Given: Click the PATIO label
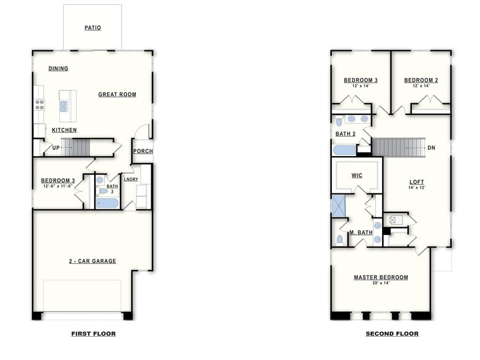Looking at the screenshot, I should [x=92, y=28].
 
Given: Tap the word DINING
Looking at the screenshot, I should [x=58, y=69].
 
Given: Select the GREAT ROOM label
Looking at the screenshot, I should [x=117, y=94].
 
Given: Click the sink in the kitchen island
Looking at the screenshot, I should [x=64, y=107].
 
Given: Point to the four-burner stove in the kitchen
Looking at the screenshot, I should [x=39, y=104].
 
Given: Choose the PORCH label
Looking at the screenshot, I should [x=143, y=151].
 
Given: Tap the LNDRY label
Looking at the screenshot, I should [x=130, y=179].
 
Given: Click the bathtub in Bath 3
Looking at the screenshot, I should [x=108, y=203].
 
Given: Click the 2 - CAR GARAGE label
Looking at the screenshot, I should [x=92, y=261].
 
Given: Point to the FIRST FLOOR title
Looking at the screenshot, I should [x=93, y=334].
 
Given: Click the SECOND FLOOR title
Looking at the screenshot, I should [x=392, y=334].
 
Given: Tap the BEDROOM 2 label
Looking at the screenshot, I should [x=421, y=80].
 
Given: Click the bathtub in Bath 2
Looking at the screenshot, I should [x=345, y=150].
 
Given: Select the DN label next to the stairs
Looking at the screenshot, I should [x=431, y=148].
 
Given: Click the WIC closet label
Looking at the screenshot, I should [x=356, y=175].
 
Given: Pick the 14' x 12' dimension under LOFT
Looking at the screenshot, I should [x=417, y=188].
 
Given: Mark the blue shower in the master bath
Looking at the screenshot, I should [x=339, y=206].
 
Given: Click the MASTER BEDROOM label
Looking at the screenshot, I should [x=380, y=277].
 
